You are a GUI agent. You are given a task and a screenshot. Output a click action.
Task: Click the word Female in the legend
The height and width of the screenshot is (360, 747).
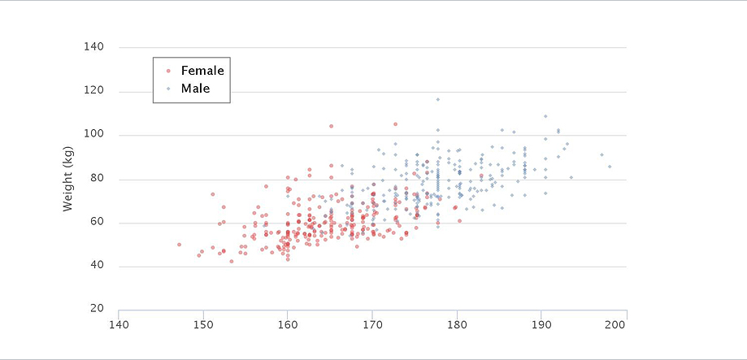tap(202, 71)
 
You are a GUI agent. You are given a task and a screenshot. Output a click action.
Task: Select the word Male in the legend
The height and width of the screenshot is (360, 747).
tap(196, 88)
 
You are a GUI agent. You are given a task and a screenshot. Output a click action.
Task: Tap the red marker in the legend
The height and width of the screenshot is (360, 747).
tap(168, 71)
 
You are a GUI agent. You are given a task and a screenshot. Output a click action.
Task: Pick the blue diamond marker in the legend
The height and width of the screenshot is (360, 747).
tap(168, 88)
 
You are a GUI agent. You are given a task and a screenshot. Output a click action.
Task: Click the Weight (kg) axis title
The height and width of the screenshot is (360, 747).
tap(68, 180)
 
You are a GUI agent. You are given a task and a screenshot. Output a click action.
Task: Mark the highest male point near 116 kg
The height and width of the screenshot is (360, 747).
tap(437, 100)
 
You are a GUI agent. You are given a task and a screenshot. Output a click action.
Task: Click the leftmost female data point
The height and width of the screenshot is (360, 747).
tap(180, 245)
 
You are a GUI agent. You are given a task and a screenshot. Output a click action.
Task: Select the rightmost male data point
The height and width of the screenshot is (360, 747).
tap(610, 167)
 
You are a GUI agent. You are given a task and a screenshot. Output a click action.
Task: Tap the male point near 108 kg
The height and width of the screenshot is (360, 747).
tap(545, 116)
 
